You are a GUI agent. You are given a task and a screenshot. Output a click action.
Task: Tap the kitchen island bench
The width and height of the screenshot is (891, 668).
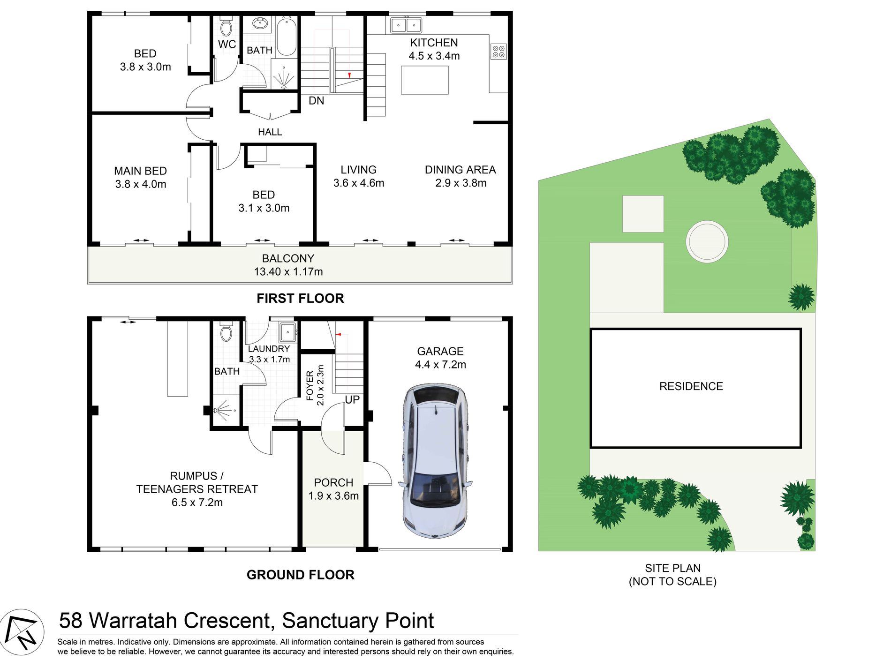pyautogui.click(x=424, y=80)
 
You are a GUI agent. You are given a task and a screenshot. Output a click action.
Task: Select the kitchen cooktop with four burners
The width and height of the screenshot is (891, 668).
pyautogui.click(x=498, y=51)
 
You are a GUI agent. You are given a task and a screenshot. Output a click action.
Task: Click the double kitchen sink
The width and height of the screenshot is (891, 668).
pyautogui.click(x=406, y=25)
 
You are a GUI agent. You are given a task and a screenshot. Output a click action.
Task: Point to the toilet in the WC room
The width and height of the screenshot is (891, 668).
pyautogui.click(x=226, y=27)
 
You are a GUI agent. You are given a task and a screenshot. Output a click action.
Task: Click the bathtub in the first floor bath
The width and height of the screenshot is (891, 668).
pyautogui.click(x=286, y=36)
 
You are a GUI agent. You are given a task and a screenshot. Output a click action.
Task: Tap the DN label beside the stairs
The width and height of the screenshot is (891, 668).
pyautogui.click(x=316, y=101)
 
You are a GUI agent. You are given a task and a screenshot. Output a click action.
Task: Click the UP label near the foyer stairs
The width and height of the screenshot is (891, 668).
pyautogui.click(x=352, y=399)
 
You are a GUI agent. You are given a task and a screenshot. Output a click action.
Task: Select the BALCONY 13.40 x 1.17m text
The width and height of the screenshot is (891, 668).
pyautogui.click(x=288, y=265)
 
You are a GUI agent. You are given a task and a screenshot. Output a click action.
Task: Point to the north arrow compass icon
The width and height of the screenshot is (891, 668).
pyautogui.click(x=22, y=632)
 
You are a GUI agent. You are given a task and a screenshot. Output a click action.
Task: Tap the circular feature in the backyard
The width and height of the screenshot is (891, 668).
pyautogui.click(x=707, y=242)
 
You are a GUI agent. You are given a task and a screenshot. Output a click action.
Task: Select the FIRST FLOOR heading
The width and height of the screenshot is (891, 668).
pyautogui.click(x=300, y=298)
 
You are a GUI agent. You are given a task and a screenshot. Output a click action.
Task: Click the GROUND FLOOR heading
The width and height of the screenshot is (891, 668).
pyautogui.click(x=300, y=575)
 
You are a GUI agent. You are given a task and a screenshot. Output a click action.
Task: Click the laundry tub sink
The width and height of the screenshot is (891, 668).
pyautogui.click(x=287, y=332)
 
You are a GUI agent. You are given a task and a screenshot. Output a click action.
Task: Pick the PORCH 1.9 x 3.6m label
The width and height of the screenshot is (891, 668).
pyautogui.click(x=333, y=489)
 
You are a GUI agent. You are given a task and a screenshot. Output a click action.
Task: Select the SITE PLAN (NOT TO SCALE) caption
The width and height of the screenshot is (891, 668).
pyautogui.click(x=672, y=575)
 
